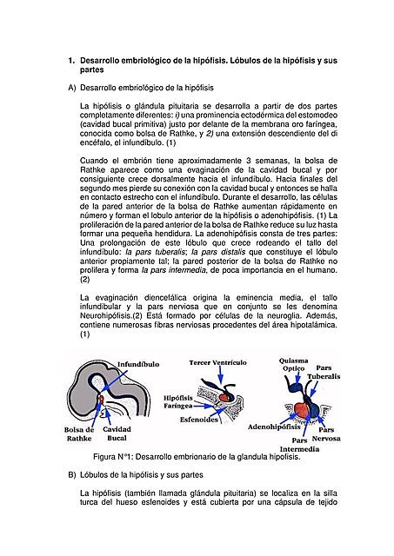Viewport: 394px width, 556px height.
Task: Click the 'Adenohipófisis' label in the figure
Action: tap(275, 427)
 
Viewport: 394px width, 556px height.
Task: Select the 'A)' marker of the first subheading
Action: tap(71, 88)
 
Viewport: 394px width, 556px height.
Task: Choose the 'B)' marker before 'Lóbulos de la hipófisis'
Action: tap(71, 475)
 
